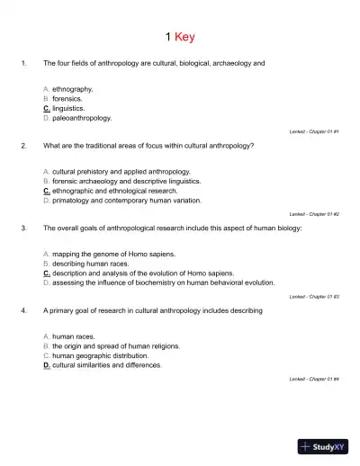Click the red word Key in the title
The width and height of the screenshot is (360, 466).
(184, 37)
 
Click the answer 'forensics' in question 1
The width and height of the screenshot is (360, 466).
(67, 99)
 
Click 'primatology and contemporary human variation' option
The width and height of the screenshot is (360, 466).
(121, 200)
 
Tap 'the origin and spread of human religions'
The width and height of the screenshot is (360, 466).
(115, 346)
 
